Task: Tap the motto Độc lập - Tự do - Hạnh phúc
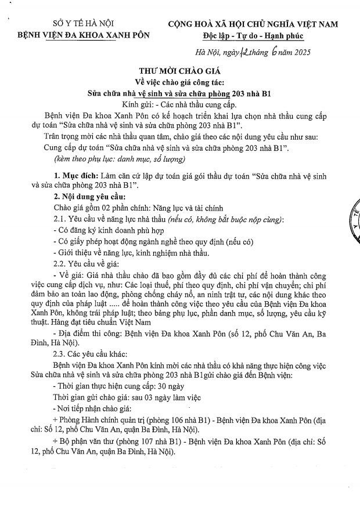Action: pos(255,35)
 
